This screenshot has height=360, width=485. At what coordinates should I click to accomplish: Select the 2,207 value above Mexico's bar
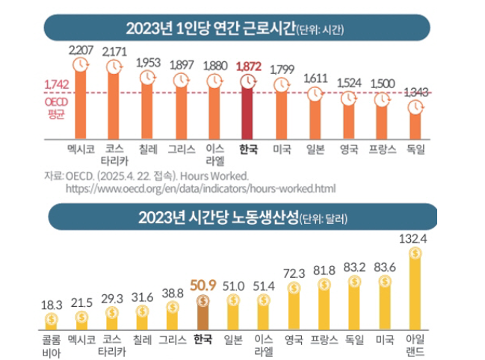[81, 50]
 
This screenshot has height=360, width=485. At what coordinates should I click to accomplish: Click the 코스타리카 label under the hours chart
[114, 155]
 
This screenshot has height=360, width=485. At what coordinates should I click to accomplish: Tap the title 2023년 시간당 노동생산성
[217, 218]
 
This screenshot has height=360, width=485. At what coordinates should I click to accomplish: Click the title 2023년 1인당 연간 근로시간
[209, 28]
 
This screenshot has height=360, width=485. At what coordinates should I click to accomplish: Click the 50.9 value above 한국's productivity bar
[203, 285]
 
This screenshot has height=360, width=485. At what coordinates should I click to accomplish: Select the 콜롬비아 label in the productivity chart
[52, 344]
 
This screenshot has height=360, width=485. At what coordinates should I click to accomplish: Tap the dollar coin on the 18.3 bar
[52, 320]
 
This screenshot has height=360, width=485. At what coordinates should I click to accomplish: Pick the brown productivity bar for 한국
[203, 314]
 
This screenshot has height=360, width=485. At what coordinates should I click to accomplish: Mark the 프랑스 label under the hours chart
[382, 149]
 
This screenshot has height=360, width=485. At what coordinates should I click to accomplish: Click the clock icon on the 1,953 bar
[147, 76]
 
